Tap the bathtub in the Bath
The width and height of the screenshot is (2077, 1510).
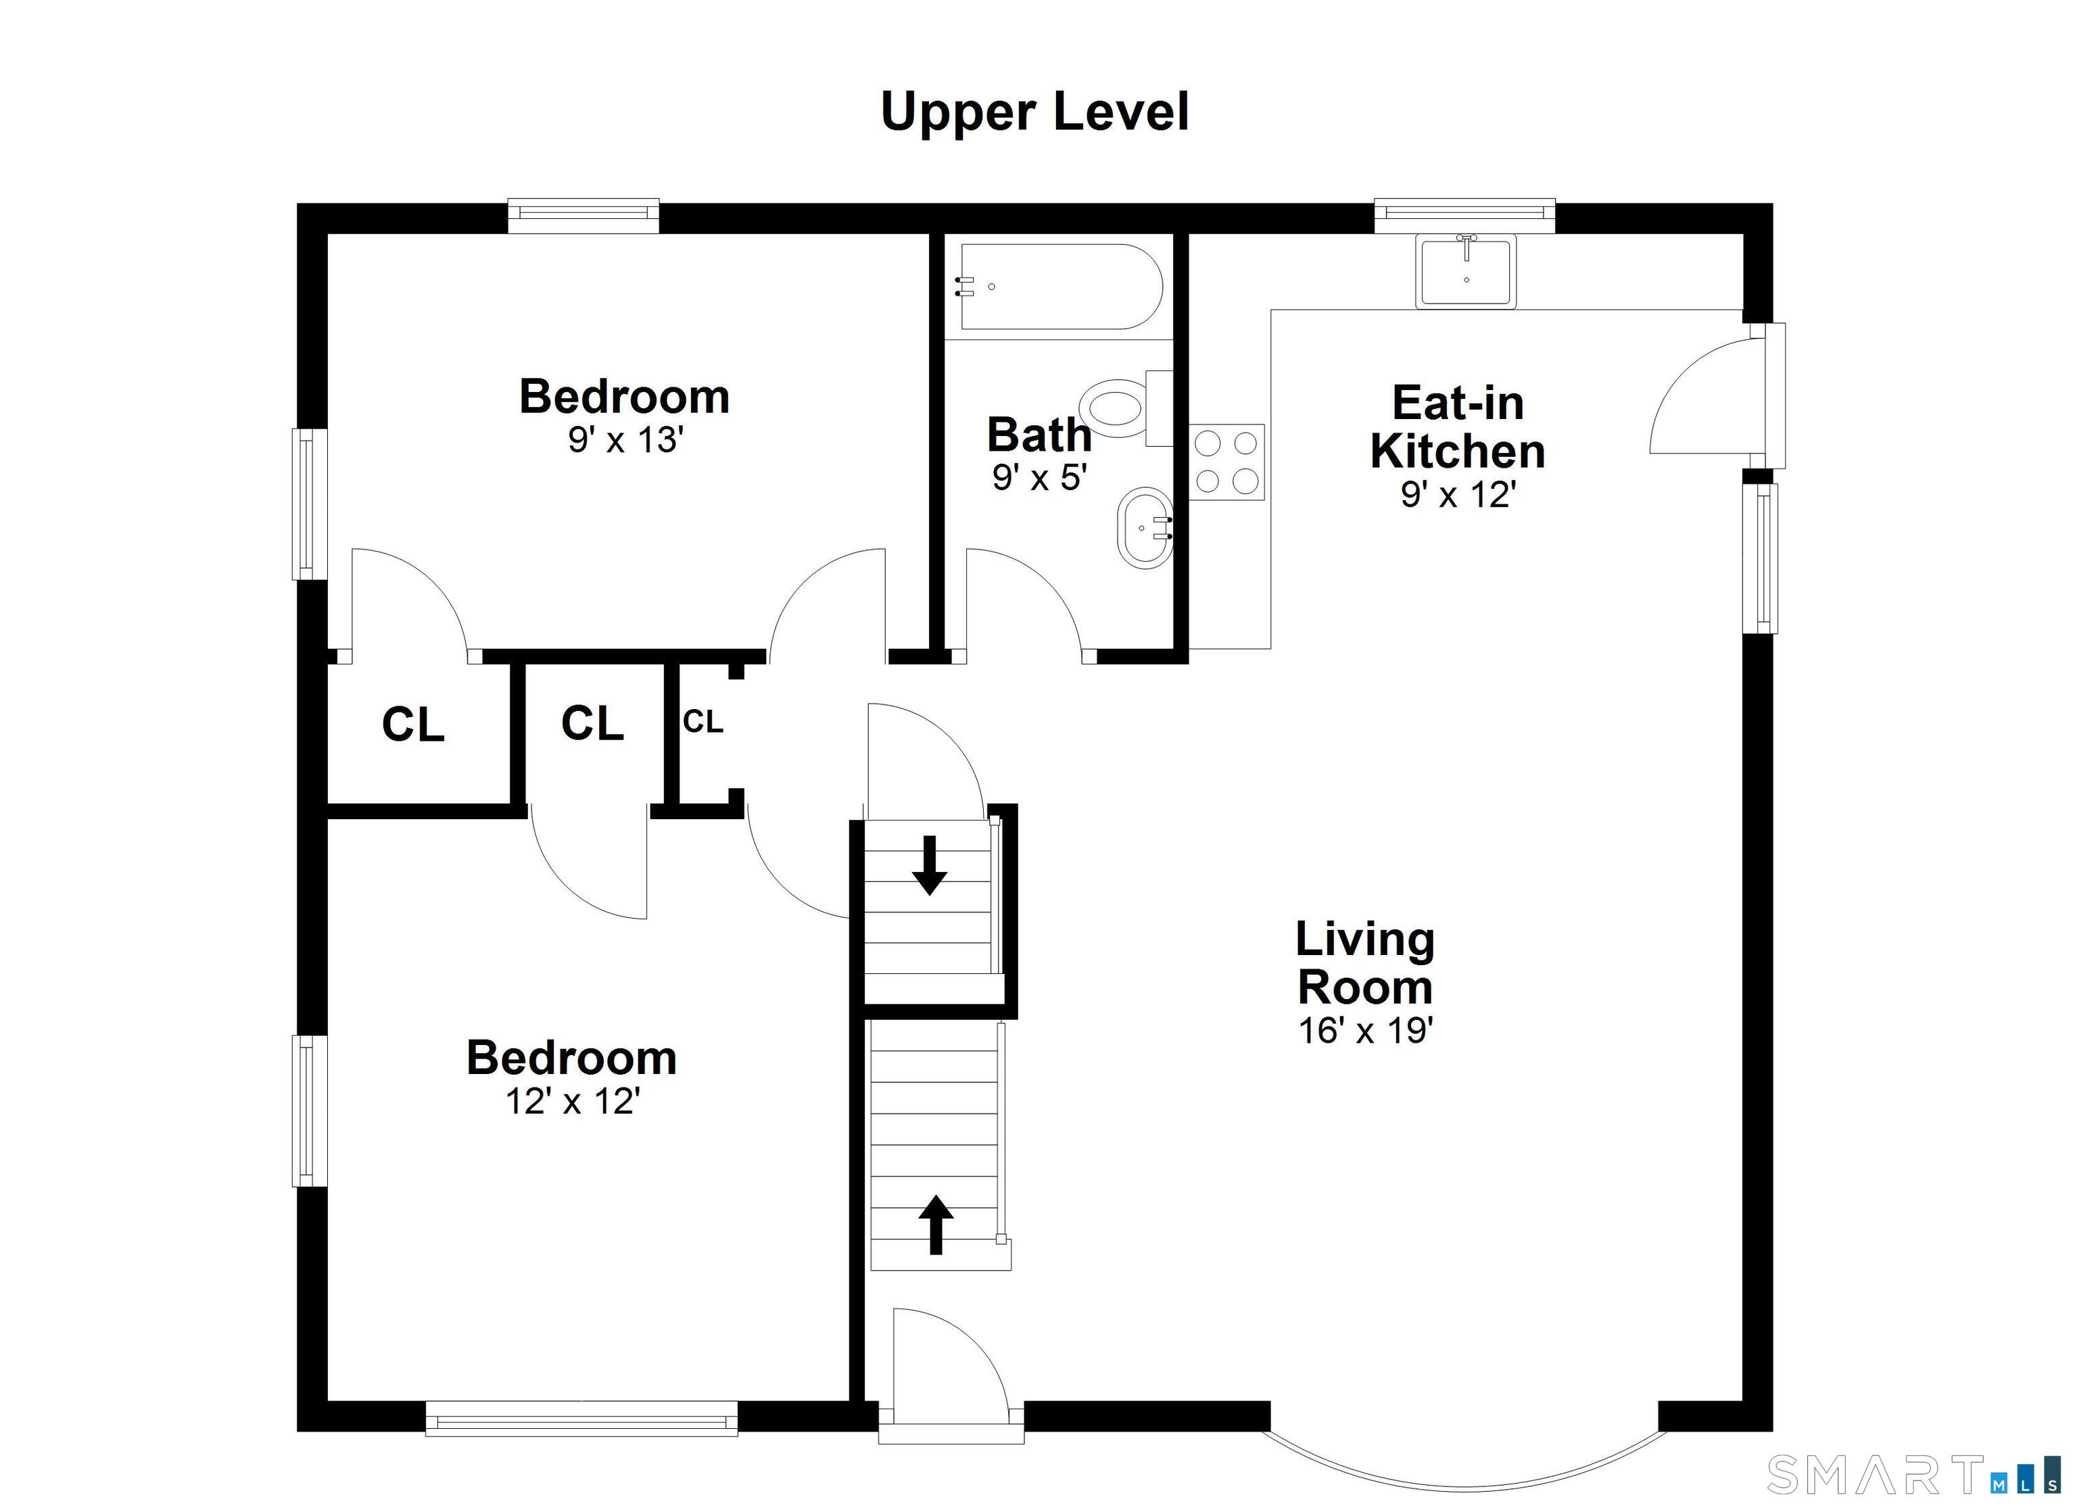1061,287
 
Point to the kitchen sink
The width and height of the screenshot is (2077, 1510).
1466,271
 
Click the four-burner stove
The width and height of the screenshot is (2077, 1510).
1227,462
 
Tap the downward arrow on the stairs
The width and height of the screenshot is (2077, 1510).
930,865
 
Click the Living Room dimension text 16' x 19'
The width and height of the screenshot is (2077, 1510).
1364,1031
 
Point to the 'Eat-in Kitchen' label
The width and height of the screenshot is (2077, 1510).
1458,427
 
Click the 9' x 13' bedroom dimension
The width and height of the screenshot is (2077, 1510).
625,441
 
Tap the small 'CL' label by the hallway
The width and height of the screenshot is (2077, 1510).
703,723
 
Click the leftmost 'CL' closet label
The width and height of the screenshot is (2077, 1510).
413,725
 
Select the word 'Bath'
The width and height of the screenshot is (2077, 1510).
1039,435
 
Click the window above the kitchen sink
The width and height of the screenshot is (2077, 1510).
1464,215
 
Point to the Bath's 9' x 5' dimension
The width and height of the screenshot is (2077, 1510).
1039,478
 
